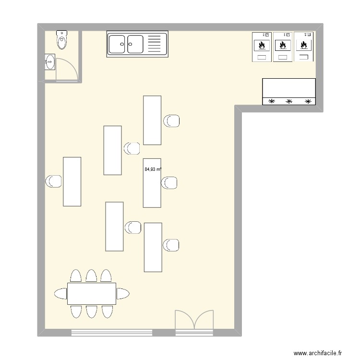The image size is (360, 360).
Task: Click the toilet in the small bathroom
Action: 62,40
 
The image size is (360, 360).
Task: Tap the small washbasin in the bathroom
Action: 49,62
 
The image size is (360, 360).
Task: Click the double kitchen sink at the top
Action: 137,44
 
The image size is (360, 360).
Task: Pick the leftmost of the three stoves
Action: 262,47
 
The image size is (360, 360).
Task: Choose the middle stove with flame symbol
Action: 283,47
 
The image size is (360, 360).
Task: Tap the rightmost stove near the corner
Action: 303,46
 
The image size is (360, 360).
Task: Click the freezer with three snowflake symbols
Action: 289,91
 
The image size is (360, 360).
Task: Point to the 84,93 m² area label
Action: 153,169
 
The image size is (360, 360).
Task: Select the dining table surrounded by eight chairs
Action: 92,294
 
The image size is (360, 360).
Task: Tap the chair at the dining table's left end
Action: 60,294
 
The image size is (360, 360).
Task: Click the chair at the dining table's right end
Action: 123,294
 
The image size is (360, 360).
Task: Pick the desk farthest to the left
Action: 72,181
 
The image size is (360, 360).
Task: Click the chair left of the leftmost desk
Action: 53,181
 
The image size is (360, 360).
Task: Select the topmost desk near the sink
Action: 152,120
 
